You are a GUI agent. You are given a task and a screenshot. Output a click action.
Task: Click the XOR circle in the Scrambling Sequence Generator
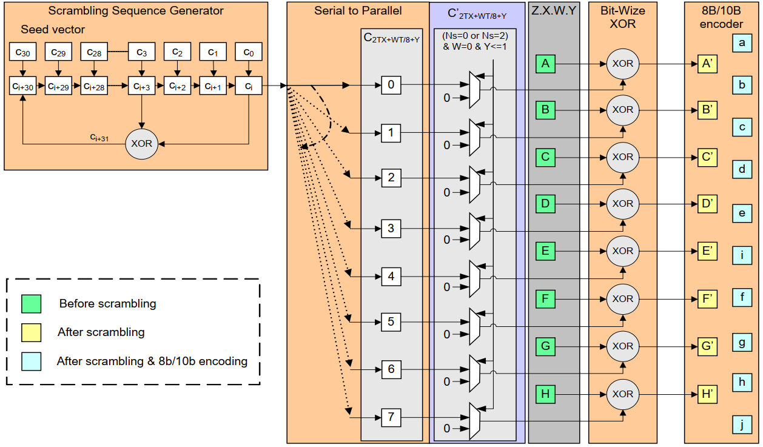tap(141, 144)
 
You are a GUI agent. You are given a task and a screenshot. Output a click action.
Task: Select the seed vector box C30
tap(22, 53)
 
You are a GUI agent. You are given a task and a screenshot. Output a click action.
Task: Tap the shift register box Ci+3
tap(141, 87)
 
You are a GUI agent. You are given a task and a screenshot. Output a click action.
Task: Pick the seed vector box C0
tap(248, 53)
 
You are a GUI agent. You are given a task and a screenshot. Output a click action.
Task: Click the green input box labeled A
tap(545, 63)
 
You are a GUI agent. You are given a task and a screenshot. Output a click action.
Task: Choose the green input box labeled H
tap(545, 394)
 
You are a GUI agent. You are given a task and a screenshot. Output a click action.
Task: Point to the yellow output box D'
tap(707, 204)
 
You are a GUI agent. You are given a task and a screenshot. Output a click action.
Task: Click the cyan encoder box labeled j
tap(742, 425)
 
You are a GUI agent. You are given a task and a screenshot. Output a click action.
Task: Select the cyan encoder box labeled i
tap(742, 255)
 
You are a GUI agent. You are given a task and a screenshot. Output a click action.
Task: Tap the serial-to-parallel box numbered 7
tap(391, 417)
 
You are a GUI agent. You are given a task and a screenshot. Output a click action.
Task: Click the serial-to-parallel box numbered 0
tap(391, 85)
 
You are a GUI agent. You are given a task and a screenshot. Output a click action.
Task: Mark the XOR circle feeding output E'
tap(622, 251)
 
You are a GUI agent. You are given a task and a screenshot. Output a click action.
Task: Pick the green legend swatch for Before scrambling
tap(31, 303)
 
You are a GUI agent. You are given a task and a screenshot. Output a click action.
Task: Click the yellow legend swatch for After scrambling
tap(31, 332)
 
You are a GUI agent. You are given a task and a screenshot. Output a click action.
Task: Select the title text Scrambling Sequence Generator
tap(135, 11)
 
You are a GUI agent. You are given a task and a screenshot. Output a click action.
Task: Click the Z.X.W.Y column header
tap(553, 11)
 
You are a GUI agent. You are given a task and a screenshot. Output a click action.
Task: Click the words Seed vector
tap(53, 29)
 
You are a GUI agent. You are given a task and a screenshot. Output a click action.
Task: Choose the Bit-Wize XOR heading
tap(622, 17)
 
